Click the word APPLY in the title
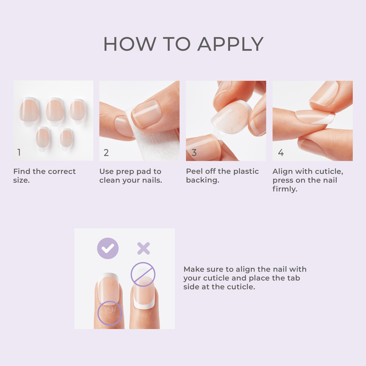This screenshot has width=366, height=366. tap(231, 44)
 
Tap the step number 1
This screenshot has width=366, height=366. tap(19, 153)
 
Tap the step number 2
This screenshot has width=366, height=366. tap(106, 153)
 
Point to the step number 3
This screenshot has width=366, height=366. tap(194, 153)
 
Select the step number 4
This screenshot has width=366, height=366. tap(281, 153)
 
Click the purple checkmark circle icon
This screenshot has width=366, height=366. tap(108, 248)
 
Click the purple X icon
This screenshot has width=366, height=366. tap(144, 248)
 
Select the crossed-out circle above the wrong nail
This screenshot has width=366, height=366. tap(143, 274)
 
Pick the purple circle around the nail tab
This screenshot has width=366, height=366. tap(110, 313)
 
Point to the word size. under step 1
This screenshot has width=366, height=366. tap(21, 180)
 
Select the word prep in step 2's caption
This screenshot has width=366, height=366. tap(125, 172)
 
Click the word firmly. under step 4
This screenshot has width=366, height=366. tap(285, 189)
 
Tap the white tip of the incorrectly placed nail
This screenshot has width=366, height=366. tap(144, 306)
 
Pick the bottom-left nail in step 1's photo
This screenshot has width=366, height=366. tap(43, 138)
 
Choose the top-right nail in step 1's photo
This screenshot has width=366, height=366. tap(77, 111)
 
